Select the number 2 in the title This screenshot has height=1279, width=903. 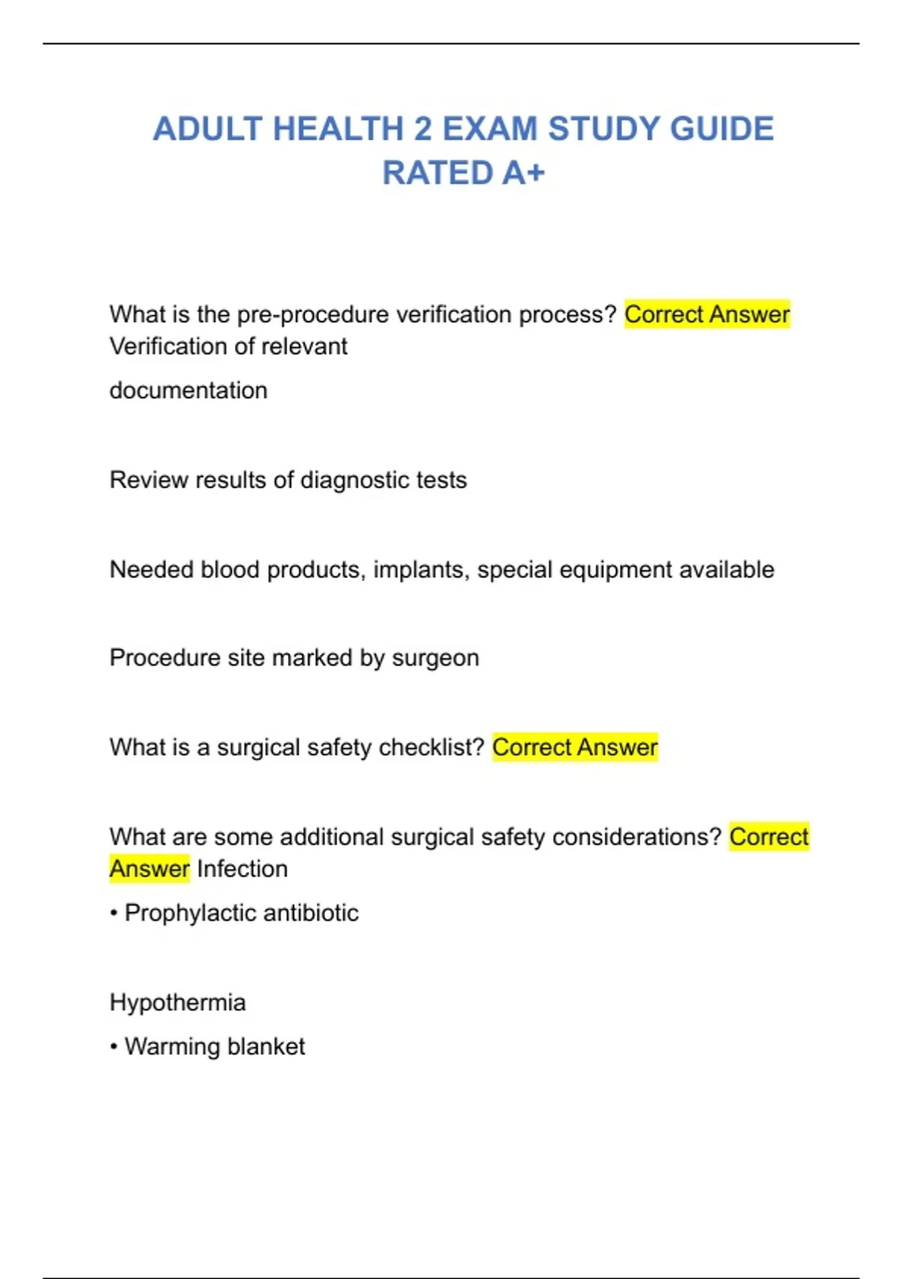422,129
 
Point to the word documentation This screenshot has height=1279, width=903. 188,390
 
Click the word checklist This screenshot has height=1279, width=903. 431,747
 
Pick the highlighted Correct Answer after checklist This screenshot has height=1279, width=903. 575,747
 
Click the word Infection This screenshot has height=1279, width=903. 242,869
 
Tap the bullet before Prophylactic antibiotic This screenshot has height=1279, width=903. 114,913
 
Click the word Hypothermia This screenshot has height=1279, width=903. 178,1003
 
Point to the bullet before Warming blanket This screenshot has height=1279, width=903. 114,1047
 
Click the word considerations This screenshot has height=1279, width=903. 637,837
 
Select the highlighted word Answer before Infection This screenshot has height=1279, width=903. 149,869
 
